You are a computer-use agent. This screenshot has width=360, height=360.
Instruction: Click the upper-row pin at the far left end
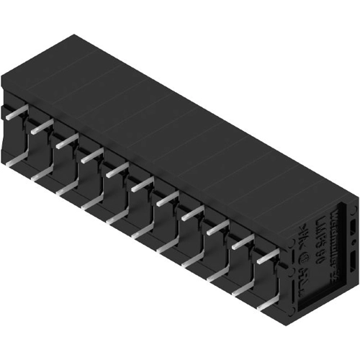pos(16,112)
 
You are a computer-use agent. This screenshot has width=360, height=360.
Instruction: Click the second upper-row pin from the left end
pos(41,127)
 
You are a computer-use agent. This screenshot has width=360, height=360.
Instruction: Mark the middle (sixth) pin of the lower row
pos(143,230)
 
